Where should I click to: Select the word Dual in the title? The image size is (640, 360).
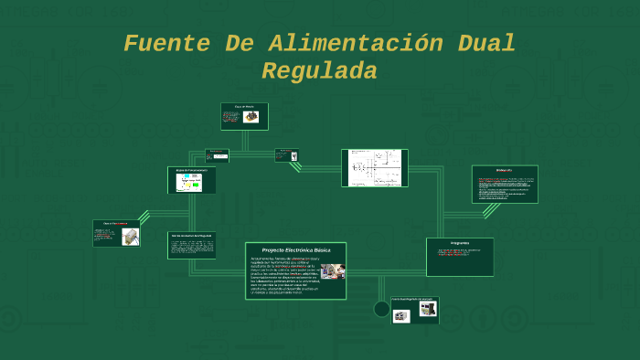point(485,43)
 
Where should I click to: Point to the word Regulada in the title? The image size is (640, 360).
point(319,70)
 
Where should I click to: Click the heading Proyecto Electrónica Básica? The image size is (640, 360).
point(295,249)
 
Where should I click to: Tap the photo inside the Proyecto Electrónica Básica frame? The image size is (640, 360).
point(332,271)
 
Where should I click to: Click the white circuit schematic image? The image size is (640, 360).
point(375,168)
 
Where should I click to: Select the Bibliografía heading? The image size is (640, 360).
point(504,171)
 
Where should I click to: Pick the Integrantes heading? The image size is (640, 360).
point(460,243)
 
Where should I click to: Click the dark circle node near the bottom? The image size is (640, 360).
point(382,309)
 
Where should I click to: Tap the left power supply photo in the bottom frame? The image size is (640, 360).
point(401,315)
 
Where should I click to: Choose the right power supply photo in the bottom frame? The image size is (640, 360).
point(427,309)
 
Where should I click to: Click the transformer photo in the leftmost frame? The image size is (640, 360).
point(130,237)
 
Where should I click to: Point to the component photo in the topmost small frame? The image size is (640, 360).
point(251,117)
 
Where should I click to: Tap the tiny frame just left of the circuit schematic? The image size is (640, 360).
point(287,155)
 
